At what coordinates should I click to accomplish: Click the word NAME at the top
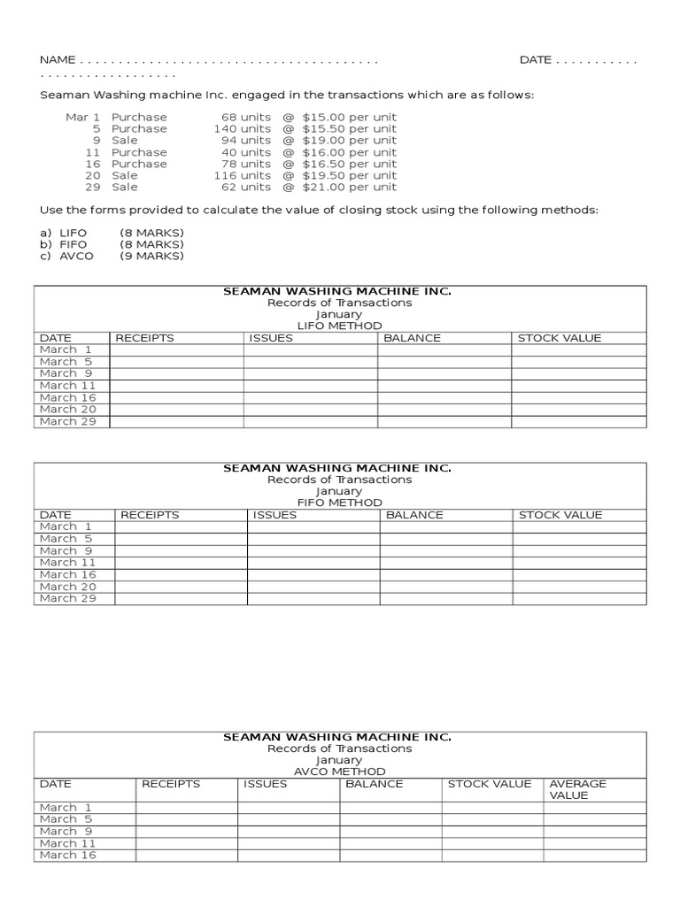click(x=58, y=60)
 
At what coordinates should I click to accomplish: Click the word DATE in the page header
click(x=535, y=60)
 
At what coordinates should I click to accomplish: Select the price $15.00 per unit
click(x=349, y=117)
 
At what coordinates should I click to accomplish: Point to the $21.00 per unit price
click(x=349, y=187)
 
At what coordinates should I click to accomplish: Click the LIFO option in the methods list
click(x=73, y=233)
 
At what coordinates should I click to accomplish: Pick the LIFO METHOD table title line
click(x=339, y=326)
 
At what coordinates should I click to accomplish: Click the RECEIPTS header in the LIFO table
click(x=144, y=338)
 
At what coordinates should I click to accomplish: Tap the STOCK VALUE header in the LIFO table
click(x=559, y=338)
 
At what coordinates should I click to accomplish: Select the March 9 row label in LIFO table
click(x=66, y=373)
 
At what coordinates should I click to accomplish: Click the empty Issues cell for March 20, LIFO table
click(x=310, y=410)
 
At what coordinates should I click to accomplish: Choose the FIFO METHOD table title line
click(x=339, y=503)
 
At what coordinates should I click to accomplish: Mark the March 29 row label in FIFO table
click(x=66, y=598)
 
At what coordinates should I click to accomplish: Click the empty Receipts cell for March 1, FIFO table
click(x=181, y=526)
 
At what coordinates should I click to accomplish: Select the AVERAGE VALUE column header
click(x=577, y=789)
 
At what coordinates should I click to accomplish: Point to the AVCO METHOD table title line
click(x=339, y=772)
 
